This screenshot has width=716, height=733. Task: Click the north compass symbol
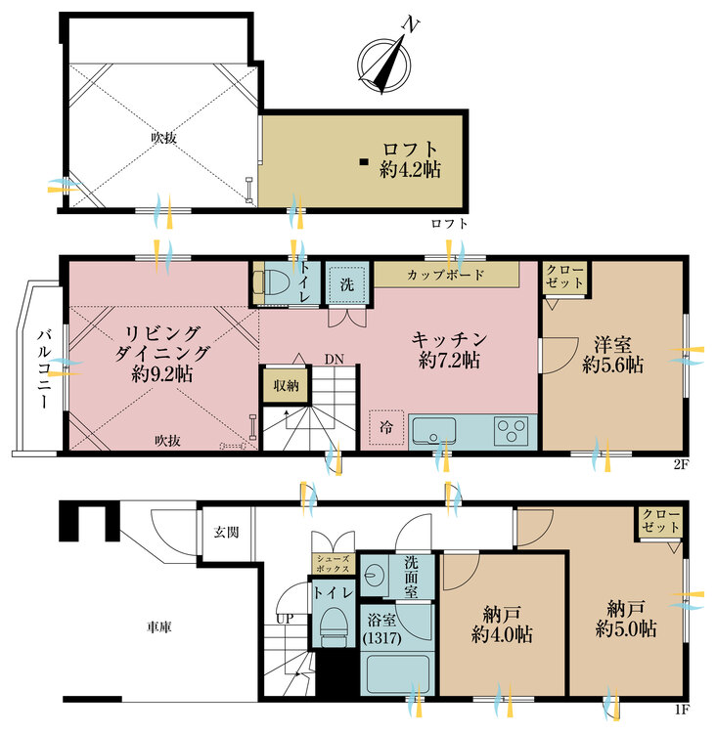click(x=385, y=60)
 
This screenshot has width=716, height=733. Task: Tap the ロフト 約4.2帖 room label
click(x=410, y=159)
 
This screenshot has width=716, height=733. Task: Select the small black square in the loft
click(x=363, y=161)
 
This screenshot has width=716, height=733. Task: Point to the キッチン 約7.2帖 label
click(x=449, y=349)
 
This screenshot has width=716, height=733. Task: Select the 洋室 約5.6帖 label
click(x=612, y=354)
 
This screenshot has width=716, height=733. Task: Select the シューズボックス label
click(x=333, y=563)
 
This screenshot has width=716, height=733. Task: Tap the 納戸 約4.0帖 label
click(x=502, y=624)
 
